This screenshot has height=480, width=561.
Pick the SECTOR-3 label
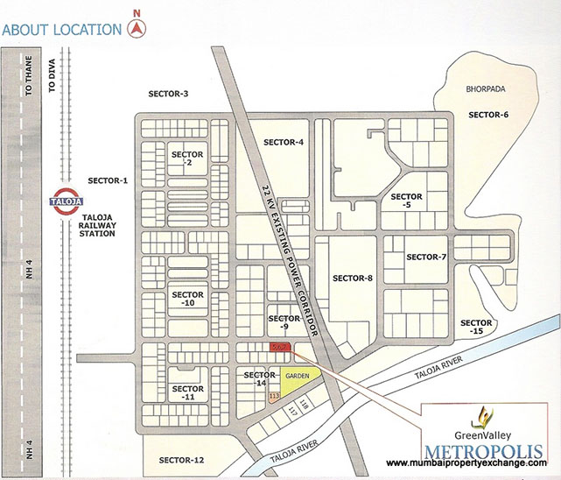pyautogui.click(x=169, y=94)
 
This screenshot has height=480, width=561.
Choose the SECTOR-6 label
pyautogui.click(x=487, y=115)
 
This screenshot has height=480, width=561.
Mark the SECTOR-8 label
pyautogui.click(x=353, y=279)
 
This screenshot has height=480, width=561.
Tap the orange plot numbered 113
pyautogui.click(x=274, y=397)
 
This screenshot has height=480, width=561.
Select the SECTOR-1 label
pyautogui.click(x=109, y=181)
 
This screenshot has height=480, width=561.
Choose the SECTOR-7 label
pyautogui.click(x=426, y=257)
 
